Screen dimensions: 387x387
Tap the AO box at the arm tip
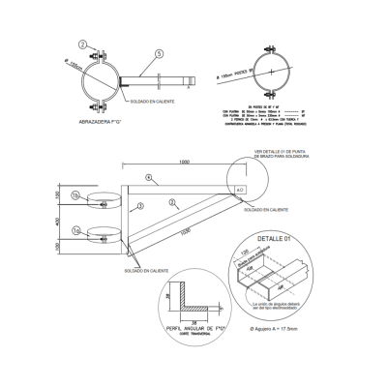coord(240,192)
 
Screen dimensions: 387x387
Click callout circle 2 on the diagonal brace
coord(170,202)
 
